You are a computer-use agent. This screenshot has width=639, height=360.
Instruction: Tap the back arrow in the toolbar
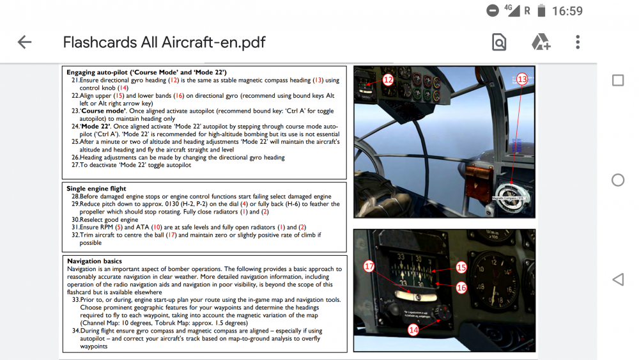click(24, 42)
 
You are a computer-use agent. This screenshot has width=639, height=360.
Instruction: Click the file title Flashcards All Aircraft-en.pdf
click(164, 42)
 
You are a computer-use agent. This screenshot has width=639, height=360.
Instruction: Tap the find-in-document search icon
click(498, 42)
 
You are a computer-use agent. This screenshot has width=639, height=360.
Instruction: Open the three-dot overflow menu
click(578, 42)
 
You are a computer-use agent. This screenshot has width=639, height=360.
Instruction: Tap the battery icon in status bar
click(541, 11)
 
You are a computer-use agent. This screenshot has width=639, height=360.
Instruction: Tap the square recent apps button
click(617, 80)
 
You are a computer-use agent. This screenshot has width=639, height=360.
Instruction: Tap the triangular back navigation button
click(617, 279)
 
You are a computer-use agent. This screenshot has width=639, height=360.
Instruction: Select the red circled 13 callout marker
click(522, 79)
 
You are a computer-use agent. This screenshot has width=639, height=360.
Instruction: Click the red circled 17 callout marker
click(369, 267)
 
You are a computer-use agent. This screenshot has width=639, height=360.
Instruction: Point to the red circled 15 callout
click(461, 267)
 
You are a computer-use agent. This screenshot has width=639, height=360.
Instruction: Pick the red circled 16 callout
click(461, 288)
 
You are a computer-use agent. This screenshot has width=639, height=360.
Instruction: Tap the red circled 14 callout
click(414, 330)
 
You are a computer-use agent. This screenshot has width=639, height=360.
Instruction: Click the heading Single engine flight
click(96, 189)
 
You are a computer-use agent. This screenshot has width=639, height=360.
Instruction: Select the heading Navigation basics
click(95, 261)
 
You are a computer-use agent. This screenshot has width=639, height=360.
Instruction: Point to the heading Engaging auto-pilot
click(147, 72)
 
